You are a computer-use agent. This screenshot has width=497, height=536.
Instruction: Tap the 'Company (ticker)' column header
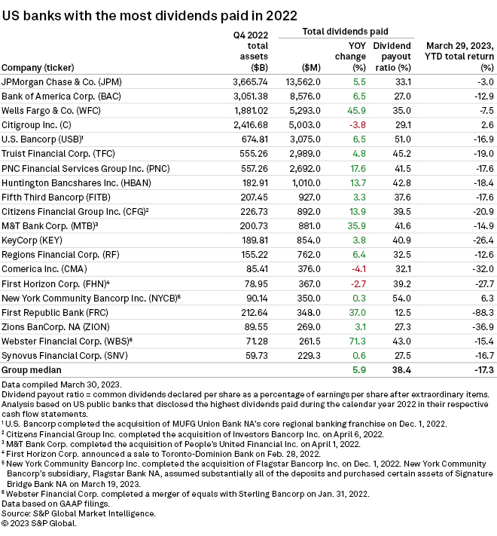point(41,66)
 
